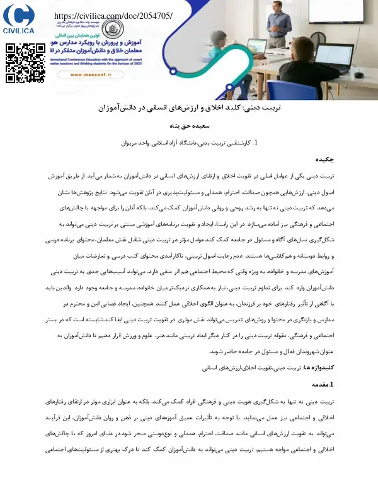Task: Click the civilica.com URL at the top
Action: tap(113, 16)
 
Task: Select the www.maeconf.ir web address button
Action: tap(92, 74)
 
